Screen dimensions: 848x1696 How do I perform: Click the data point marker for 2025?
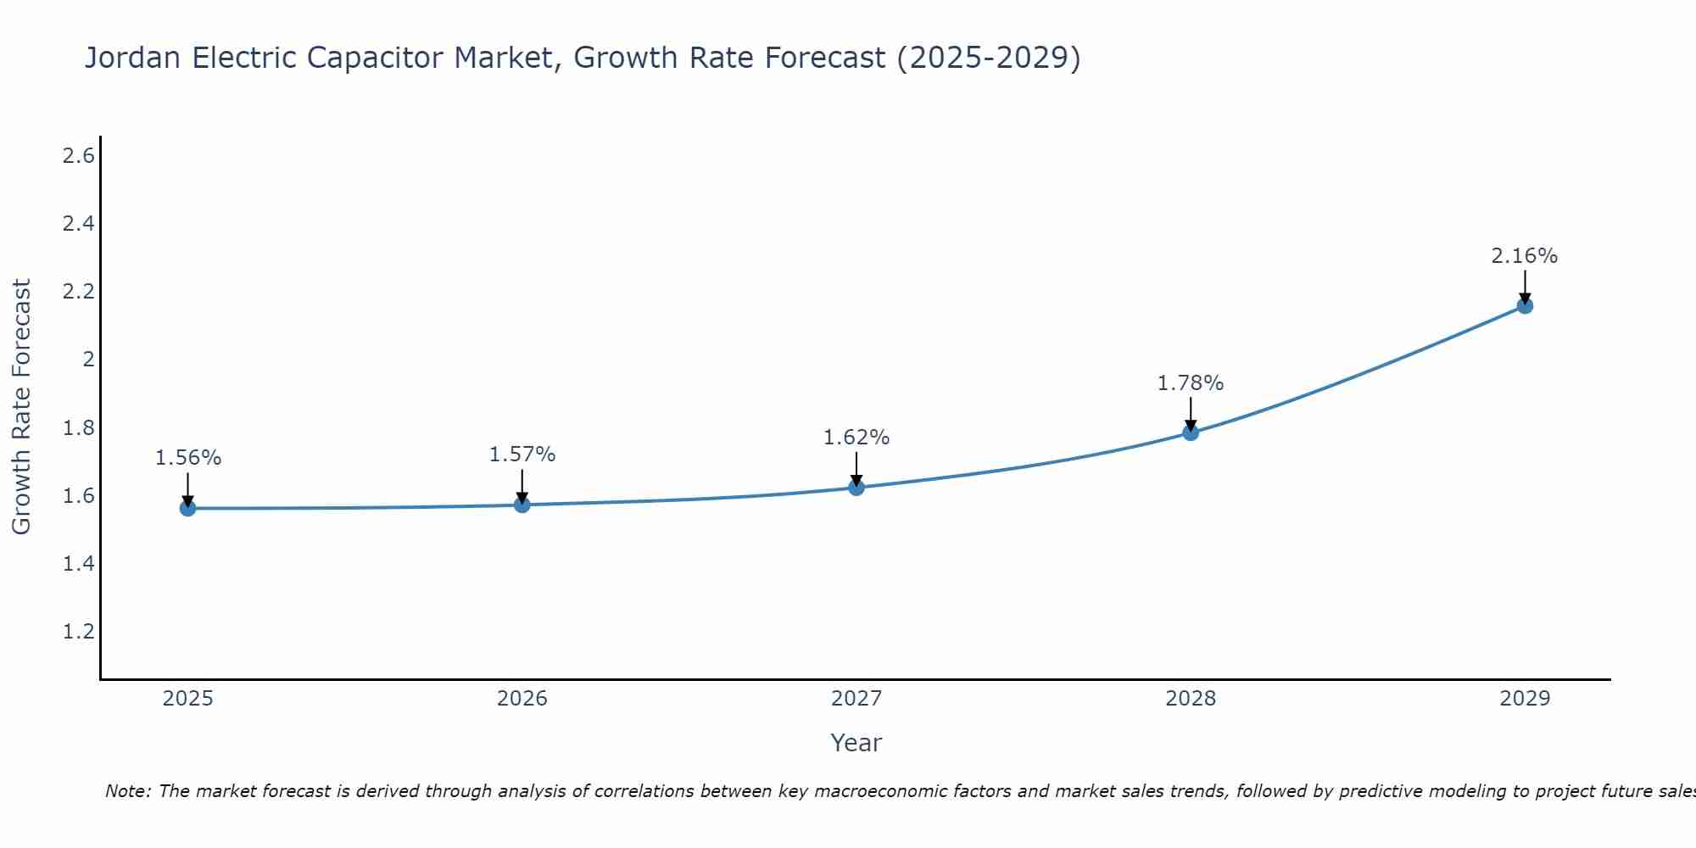pos(188,508)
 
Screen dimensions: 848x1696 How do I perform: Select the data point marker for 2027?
pos(856,488)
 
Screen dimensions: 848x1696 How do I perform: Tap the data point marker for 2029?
pos(1525,305)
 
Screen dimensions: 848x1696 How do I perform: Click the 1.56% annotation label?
pos(188,458)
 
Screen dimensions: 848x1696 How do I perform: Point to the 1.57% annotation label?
pos(522,455)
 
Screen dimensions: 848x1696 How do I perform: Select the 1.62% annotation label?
pos(856,438)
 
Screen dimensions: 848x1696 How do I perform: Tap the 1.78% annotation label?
pos(1191,383)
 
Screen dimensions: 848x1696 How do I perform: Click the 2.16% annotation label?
pos(1525,256)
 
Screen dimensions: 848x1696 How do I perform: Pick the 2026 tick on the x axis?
pos(522,699)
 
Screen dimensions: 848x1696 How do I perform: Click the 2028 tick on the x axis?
pos(1191,699)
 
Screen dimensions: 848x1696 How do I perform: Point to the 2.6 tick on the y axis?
pos(79,156)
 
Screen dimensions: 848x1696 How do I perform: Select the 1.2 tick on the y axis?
pos(79,632)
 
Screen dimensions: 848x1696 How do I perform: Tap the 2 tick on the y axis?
pos(88,360)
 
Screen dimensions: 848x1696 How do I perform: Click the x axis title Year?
pos(856,743)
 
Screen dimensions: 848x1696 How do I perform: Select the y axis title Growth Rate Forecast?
pos(22,407)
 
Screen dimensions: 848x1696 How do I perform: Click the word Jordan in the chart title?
pos(132,59)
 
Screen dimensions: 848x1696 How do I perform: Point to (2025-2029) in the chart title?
pos(989,59)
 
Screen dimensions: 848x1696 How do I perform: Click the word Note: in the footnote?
pos(128,791)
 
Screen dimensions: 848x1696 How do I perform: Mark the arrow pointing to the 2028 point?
pos(1191,414)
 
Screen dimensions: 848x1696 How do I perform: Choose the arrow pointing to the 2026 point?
pos(522,486)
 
